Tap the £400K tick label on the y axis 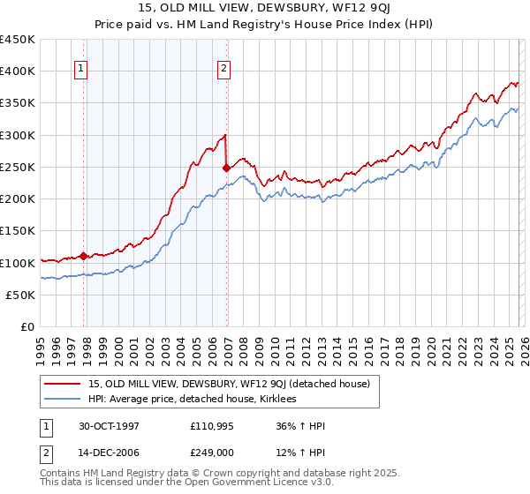[18, 71]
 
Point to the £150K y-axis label [18, 231]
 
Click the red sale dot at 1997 [84, 256]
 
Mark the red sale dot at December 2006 [226, 168]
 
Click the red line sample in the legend [64, 383]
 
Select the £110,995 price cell [212, 426]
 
